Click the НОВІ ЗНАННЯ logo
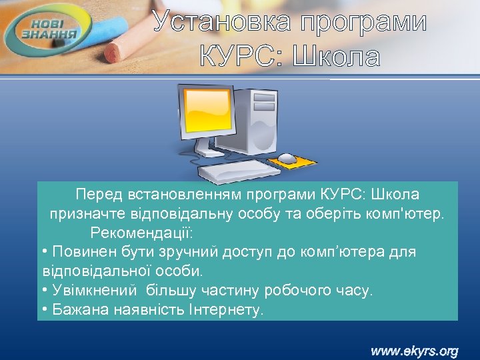click(51, 29)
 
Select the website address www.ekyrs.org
click(415, 349)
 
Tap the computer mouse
click(287, 158)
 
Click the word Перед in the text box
click(99, 195)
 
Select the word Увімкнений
click(94, 291)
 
